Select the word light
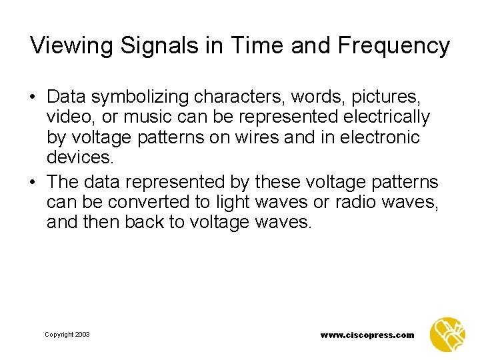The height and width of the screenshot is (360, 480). tap(221, 202)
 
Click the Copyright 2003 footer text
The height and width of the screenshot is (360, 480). tap(67, 335)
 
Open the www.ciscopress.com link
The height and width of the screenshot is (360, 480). tap(367, 335)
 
